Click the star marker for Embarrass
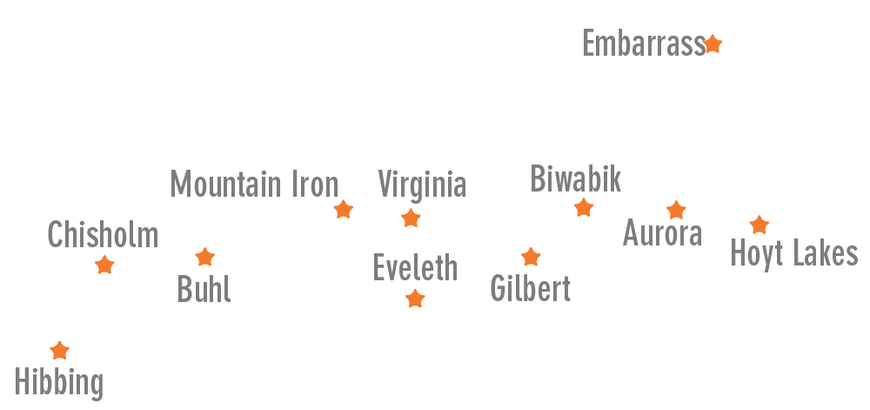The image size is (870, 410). (713, 44)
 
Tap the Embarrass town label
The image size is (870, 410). (643, 44)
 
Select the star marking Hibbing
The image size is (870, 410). (59, 351)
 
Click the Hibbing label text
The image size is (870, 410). (59, 382)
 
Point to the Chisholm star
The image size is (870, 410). (104, 265)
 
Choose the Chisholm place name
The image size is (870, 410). (103, 235)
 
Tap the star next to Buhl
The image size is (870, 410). (204, 257)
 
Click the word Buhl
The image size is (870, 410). (204, 289)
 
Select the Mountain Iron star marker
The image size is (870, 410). (344, 209)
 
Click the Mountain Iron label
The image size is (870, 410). (254, 185)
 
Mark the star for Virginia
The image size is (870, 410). (411, 218)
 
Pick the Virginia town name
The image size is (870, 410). (422, 185)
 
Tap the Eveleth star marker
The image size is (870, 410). (415, 299)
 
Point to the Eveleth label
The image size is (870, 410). (415, 268)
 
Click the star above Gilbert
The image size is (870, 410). (531, 257)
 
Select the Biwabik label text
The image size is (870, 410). (576, 179)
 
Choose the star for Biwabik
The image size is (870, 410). (584, 208)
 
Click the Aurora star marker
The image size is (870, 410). (676, 210)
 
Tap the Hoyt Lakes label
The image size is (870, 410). (793, 254)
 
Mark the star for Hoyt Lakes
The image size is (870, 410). (760, 225)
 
